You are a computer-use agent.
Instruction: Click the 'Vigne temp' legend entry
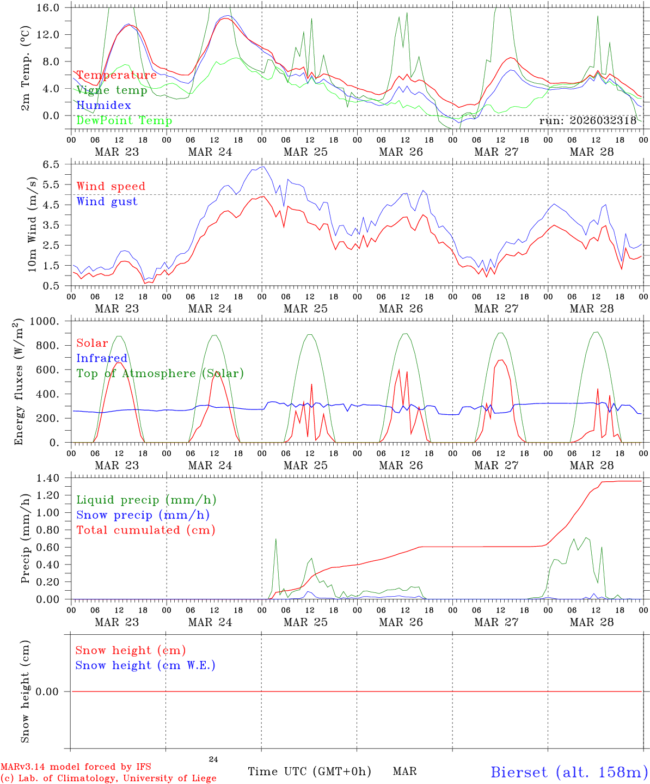[112, 90]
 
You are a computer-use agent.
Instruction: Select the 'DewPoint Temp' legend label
[124, 121]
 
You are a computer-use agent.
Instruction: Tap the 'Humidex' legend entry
[103, 106]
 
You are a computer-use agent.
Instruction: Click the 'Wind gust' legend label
[107, 201]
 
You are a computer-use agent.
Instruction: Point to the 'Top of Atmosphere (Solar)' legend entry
[160, 373]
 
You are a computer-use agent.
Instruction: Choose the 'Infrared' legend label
[102, 358]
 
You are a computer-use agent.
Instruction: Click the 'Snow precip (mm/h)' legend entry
[143, 515]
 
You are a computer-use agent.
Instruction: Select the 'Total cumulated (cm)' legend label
[146, 530]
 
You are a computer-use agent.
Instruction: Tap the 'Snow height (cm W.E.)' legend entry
[145, 665]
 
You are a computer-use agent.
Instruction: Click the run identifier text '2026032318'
[603, 121]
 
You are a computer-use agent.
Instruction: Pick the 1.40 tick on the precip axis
[48, 479]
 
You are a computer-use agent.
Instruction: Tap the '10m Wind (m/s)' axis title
[33, 224]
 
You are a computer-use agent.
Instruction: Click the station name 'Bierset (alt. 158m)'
[569, 772]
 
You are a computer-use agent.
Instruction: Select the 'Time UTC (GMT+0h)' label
[309, 771]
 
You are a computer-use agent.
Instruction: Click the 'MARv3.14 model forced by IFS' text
[76, 767]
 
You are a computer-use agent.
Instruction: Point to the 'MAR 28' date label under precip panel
[592, 622]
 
